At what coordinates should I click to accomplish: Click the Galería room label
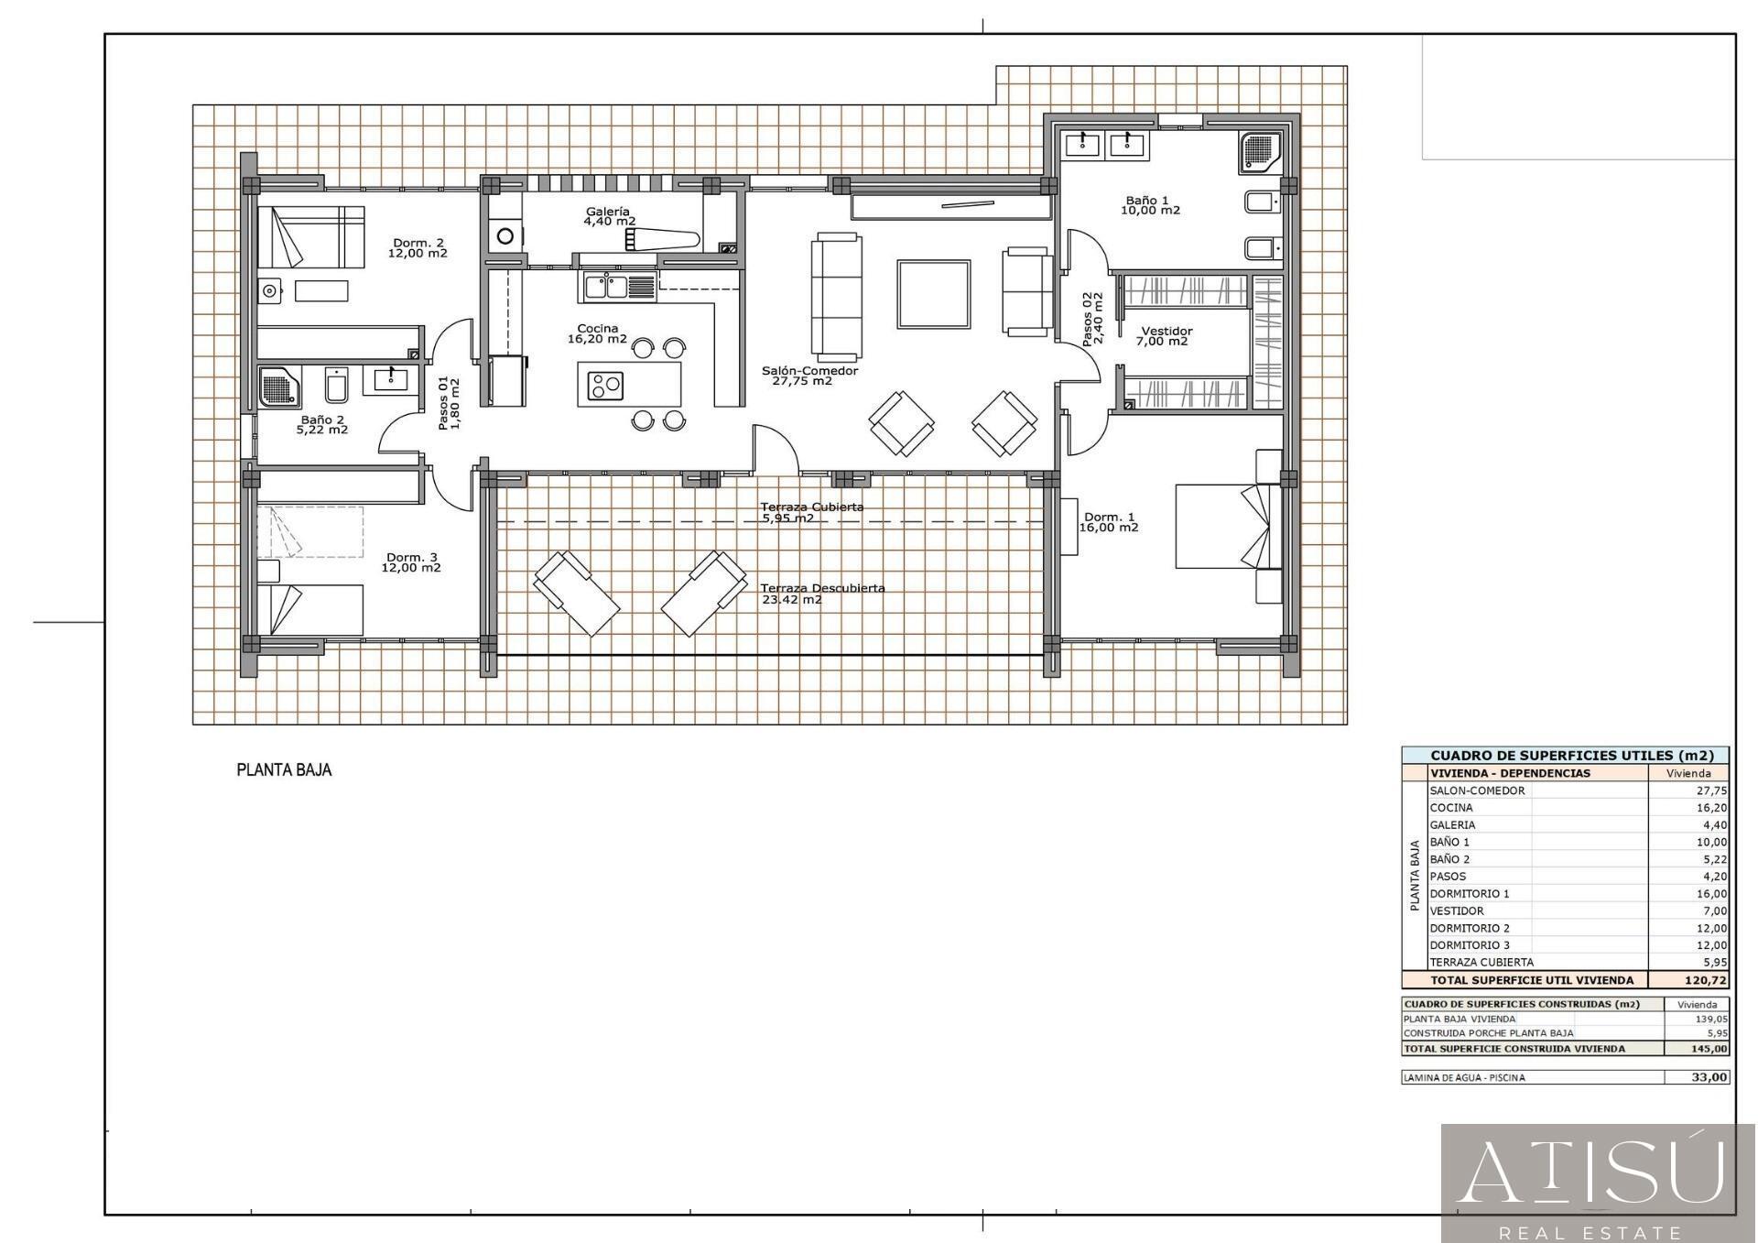click(x=608, y=212)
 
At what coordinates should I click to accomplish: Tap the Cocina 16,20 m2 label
click(x=597, y=333)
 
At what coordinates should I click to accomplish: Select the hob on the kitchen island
click(x=605, y=386)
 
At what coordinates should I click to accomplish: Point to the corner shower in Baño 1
click(x=1260, y=152)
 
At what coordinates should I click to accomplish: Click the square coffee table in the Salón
click(x=934, y=294)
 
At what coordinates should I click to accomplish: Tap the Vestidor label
click(x=1167, y=331)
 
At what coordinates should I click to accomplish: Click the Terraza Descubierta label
click(x=822, y=588)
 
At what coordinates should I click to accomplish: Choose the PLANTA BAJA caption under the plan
click(x=284, y=770)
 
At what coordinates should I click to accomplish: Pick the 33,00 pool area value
click(x=1709, y=1077)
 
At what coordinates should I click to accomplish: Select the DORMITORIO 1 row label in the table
click(x=1470, y=894)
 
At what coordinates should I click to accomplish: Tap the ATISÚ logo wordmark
click(x=1590, y=1172)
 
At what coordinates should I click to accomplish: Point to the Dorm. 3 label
click(x=411, y=557)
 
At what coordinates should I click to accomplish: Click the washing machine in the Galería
click(x=505, y=236)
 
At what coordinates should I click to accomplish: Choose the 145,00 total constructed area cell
click(x=1709, y=1049)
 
